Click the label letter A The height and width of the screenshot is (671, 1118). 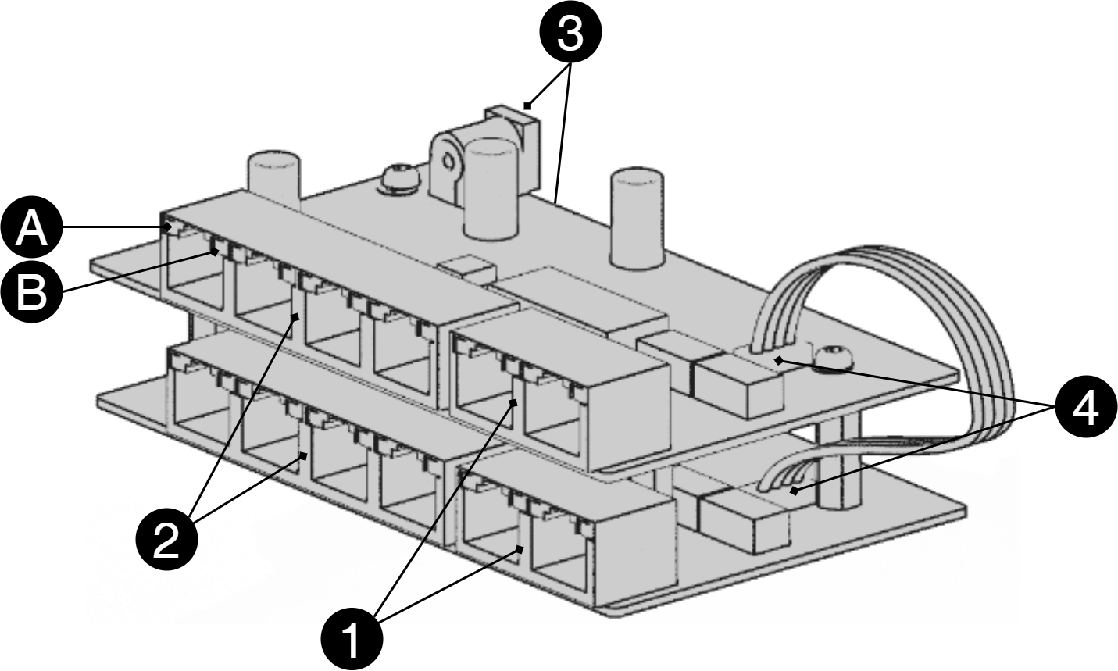pyautogui.click(x=31, y=230)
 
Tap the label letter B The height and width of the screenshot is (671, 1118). pyautogui.click(x=31, y=294)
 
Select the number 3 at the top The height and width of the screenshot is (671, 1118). pyautogui.click(x=570, y=35)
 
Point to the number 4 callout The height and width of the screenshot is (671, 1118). pyautogui.click(x=1085, y=408)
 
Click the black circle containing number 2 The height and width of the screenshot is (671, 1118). pyautogui.click(x=166, y=539)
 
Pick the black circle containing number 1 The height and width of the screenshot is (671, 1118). pyautogui.click(x=352, y=637)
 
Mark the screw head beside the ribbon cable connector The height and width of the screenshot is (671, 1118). pyautogui.click(x=832, y=358)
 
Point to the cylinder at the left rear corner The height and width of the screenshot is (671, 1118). pyautogui.click(x=273, y=179)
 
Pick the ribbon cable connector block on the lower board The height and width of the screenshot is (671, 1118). pyautogui.click(x=742, y=516)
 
